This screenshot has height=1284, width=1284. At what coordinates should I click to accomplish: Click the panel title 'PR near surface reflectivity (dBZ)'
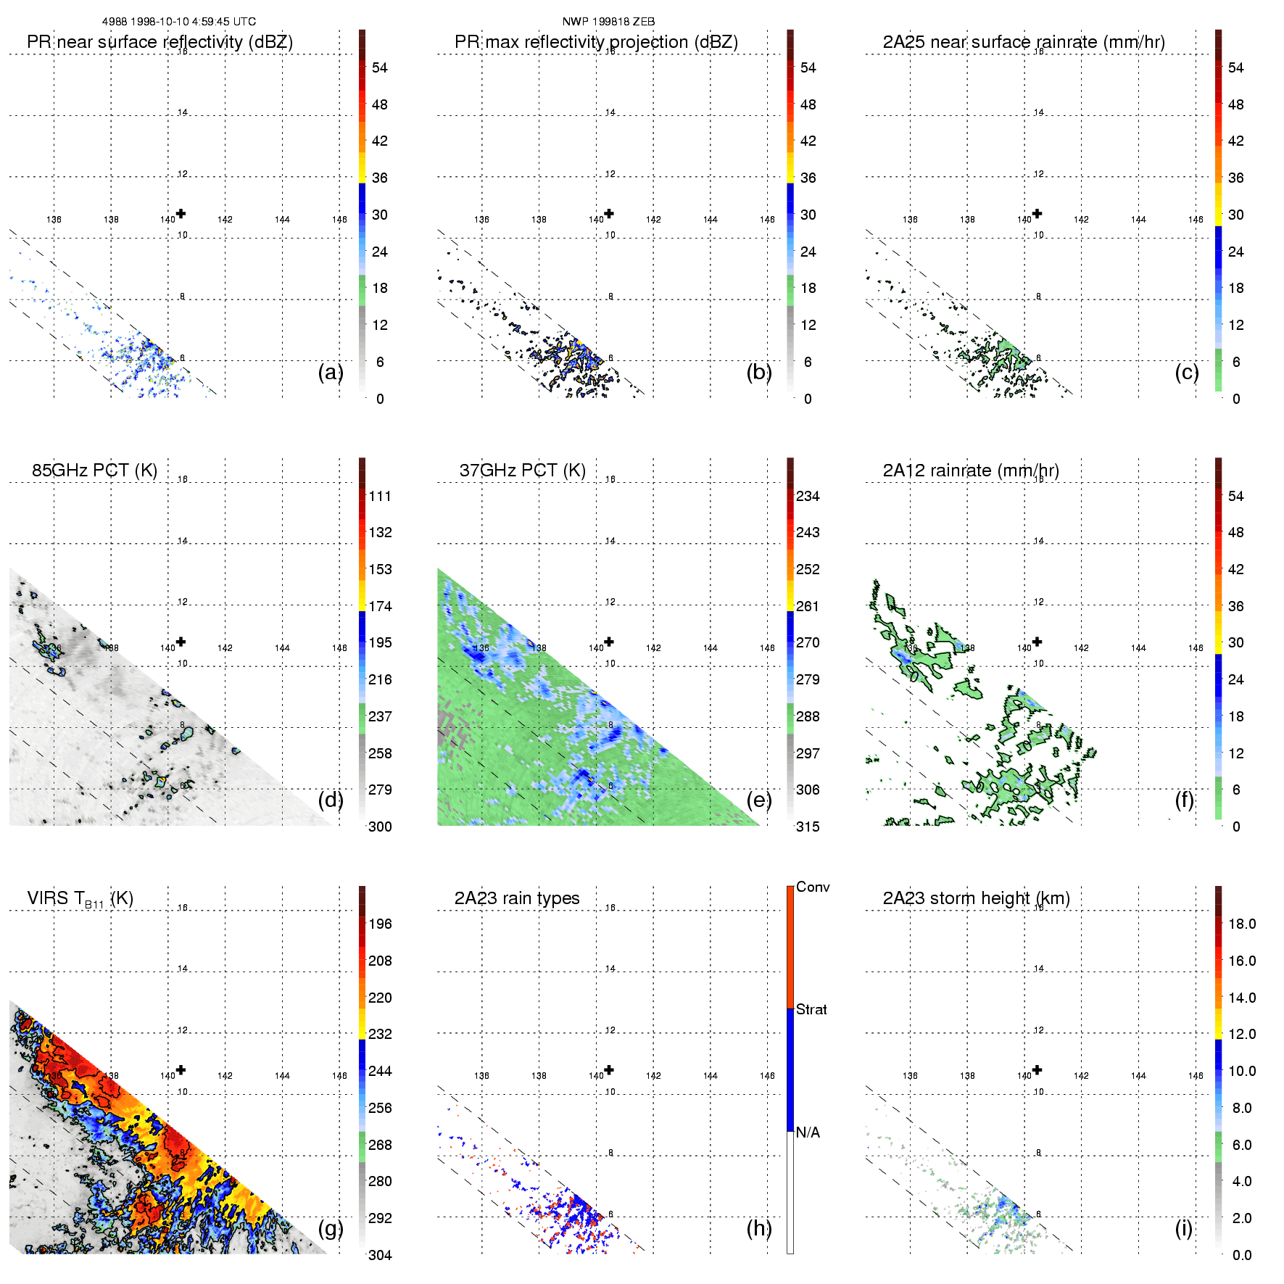pos(160,42)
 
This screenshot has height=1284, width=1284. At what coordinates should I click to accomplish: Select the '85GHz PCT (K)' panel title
pos(94,471)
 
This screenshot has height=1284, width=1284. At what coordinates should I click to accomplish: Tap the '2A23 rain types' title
pos(517,898)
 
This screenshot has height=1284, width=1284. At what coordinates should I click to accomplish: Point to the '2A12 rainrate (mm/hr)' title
pos(971,471)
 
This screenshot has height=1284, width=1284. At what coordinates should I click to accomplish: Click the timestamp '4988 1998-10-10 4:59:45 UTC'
pos(179,22)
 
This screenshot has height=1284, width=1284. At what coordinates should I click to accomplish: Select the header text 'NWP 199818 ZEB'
pos(608,22)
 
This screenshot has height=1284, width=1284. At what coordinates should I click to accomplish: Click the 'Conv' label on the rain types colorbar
pos(813,887)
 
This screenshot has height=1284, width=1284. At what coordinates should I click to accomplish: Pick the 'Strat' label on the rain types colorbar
pos(811,1009)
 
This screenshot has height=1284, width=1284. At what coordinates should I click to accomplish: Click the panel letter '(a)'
pos(331,372)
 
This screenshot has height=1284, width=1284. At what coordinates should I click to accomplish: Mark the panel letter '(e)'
pos(759,800)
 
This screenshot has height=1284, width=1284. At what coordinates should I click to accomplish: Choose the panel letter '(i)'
pos(1183,1228)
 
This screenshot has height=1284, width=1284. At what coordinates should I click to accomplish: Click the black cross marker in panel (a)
pos(181,213)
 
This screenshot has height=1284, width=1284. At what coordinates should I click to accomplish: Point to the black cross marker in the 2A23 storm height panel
pos(1037,1069)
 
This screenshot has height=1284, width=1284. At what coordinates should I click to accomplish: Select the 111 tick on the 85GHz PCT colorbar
pos(380,496)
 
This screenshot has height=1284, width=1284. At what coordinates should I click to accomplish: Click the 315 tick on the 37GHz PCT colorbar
pos(808,827)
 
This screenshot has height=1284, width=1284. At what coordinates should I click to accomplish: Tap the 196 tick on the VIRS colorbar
pos(380,924)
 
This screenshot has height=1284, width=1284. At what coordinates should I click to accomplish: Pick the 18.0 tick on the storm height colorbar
pos(1242,924)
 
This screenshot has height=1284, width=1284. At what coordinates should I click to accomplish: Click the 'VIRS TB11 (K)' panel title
pos(80,899)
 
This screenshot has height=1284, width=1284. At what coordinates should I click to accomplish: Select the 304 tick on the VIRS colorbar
pos(380,1255)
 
